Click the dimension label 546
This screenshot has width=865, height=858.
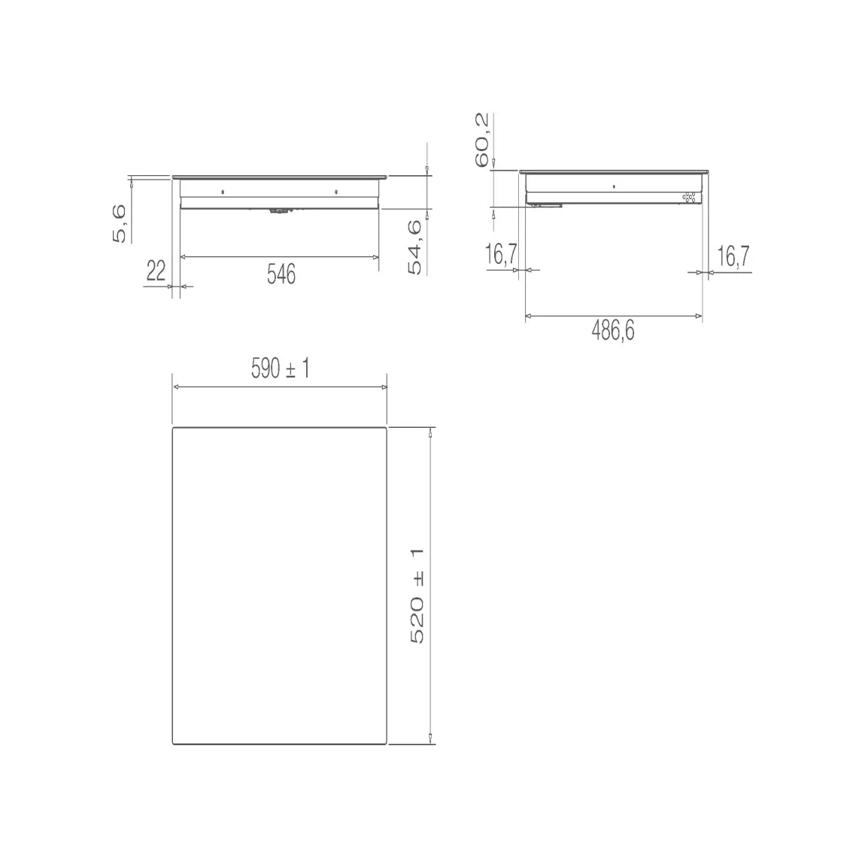click(x=281, y=274)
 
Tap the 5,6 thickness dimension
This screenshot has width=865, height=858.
click(x=119, y=223)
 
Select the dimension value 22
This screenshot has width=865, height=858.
click(x=156, y=271)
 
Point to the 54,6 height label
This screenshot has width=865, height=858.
click(x=415, y=247)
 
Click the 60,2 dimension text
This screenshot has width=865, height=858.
click(x=481, y=140)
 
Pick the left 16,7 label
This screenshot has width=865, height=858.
click(x=501, y=254)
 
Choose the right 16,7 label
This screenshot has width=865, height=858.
click(x=733, y=256)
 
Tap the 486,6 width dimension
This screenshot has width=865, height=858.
click(x=613, y=331)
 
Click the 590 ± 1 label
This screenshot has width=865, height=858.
click(x=281, y=368)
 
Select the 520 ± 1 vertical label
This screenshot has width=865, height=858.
click(x=417, y=596)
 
